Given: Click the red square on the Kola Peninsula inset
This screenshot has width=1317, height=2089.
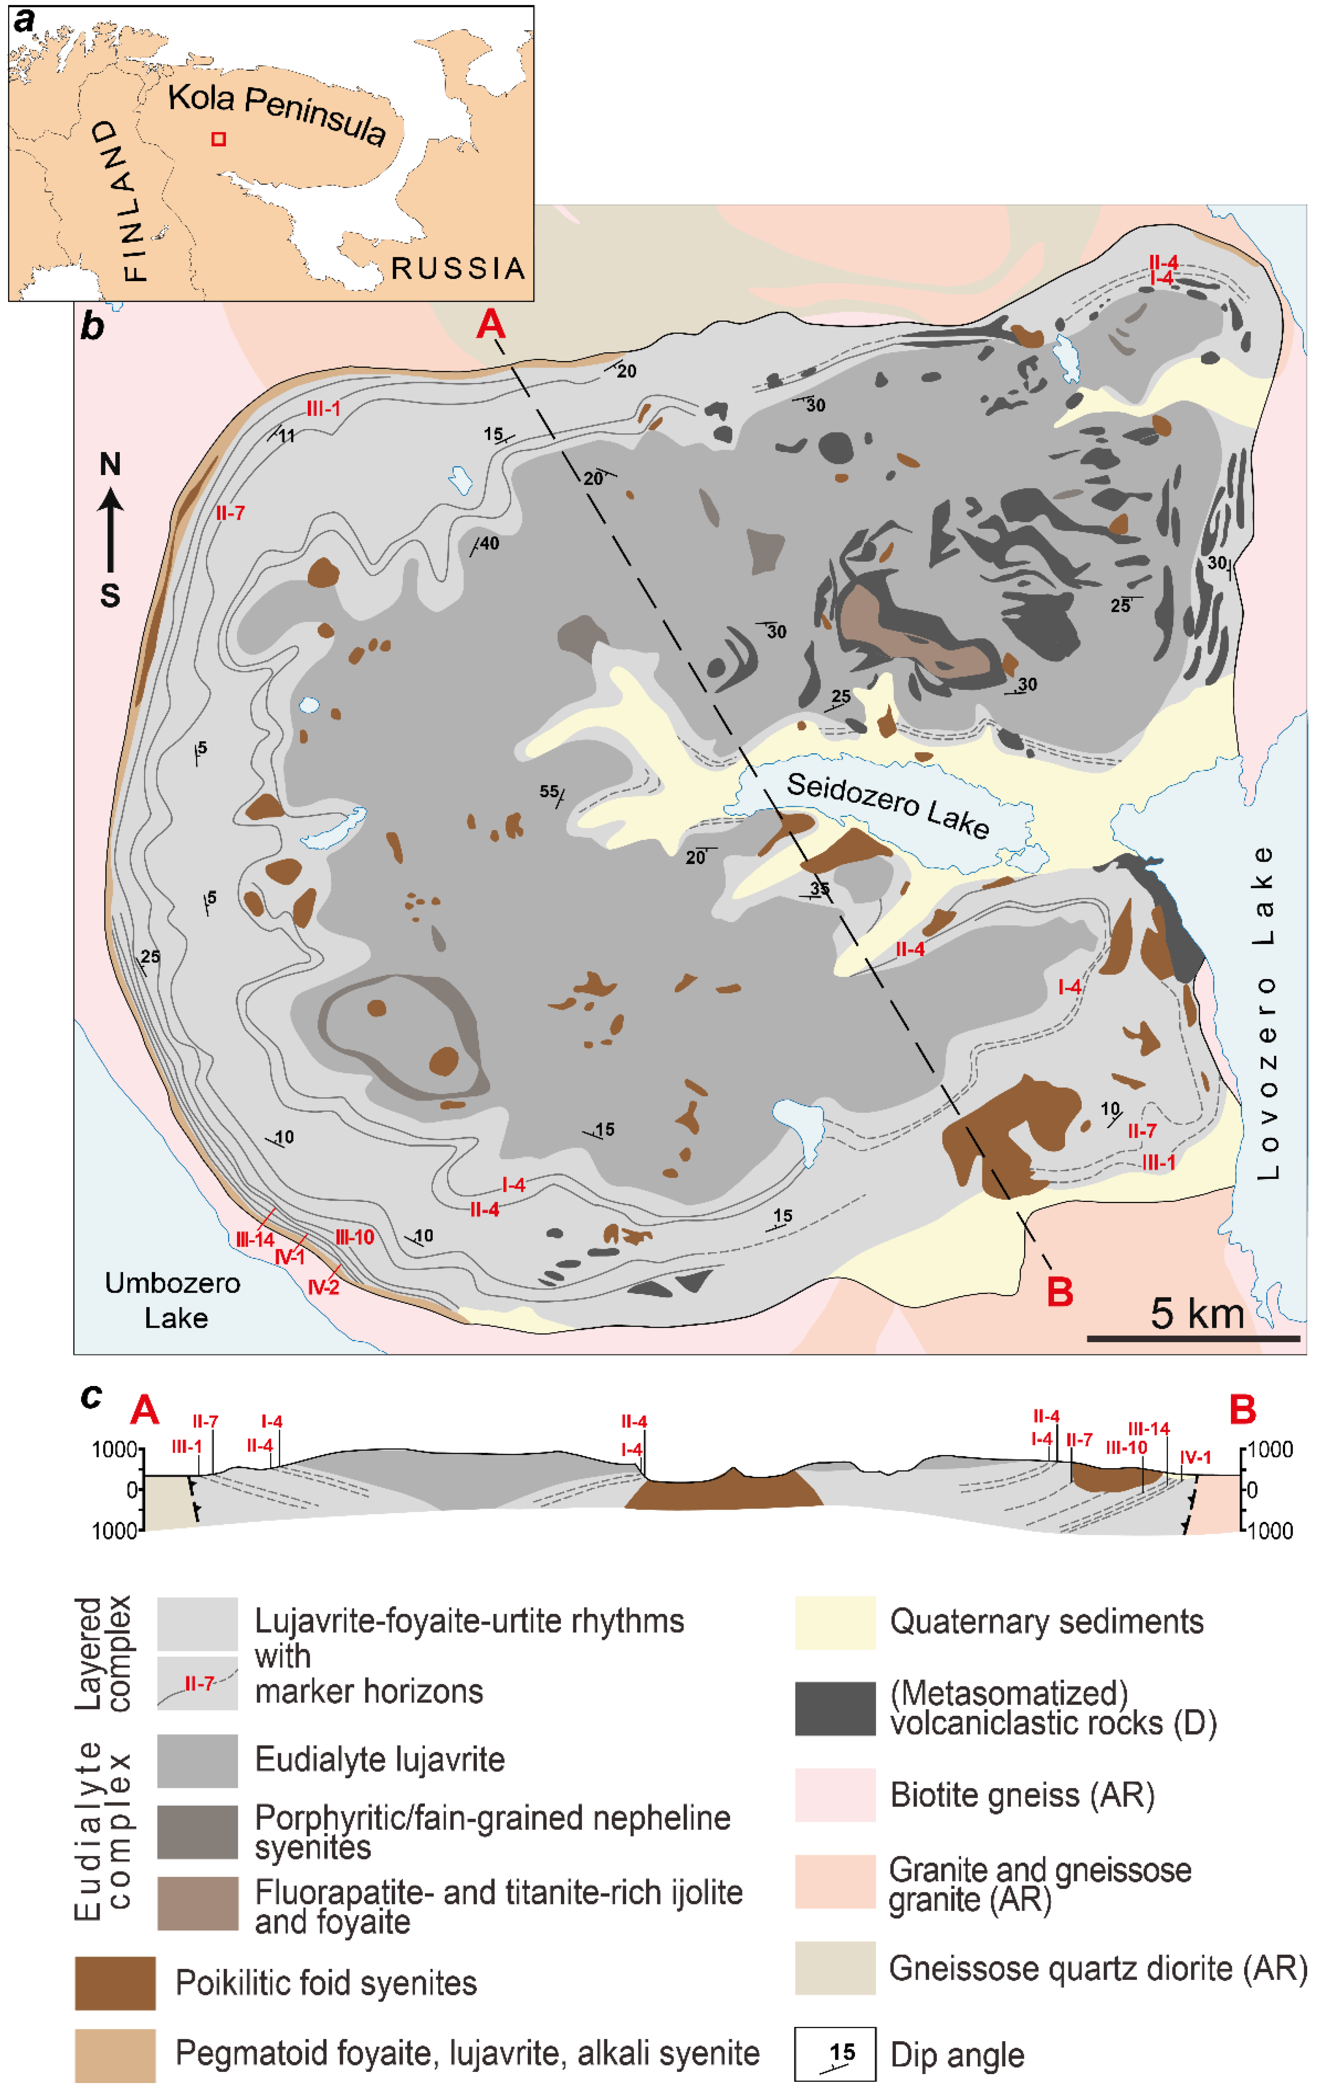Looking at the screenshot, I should coord(219,139).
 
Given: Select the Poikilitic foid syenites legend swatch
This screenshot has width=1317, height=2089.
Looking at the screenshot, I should coord(116,1982).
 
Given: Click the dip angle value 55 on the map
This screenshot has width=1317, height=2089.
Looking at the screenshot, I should coord(548,791).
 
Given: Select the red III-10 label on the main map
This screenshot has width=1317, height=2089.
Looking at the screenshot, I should coord(355,1237).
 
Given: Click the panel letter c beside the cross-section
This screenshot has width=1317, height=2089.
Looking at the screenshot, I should coord(91,1397).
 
